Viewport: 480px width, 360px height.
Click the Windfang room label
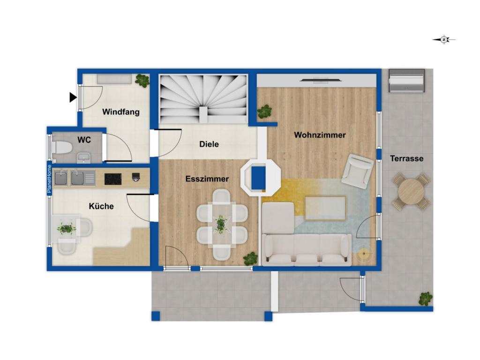pyautogui.click(x=120, y=112)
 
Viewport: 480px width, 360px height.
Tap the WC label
pyautogui.click(x=84, y=140)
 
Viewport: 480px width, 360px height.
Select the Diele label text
pyautogui.click(x=209, y=144)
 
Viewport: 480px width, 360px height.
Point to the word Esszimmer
pyautogui.click(x=207, y=179)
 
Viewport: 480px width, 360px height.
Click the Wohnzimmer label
pyautogui.click(x=320, y=135)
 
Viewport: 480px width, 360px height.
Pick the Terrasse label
pyautogui.click(x=406, y=158)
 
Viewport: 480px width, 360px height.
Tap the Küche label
pyautogui.click(x=101, y=206)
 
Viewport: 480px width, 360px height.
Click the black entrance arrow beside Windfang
pyautogui.click(x=73, y=97)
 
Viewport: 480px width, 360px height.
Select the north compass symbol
pyautogui.click(x=444, y=39)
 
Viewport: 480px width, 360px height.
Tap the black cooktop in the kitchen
pyautogui.click(x=113, y=179)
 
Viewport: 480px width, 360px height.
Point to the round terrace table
pyautogui.click(x=411, y=192)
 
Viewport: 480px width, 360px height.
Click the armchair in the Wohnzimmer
pyautogui.click(x=358, y=171)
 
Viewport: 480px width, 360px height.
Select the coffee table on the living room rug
pyautogui.click(x=325, y=208)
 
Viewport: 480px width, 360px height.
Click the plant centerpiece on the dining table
pyautogui.click(x=220, y=224)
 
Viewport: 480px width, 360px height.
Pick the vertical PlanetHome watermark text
pyautogui.click(x=49, y=179)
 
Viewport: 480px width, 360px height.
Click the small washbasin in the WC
pyautogui.click(x=83, y=157)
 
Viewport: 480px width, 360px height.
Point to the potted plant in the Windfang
pyautogui.click(x=142, y=81)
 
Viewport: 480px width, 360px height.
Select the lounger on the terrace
pyautogui.click(x=407, y=81)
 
